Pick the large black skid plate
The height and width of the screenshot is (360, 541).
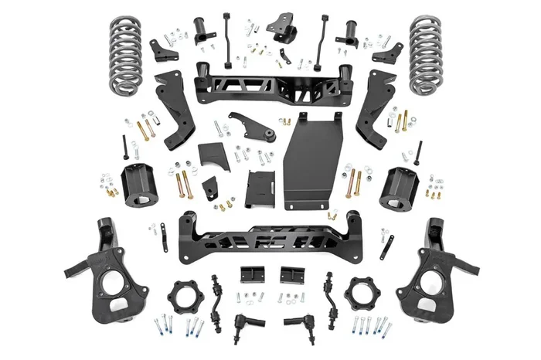click(x=312, y=162)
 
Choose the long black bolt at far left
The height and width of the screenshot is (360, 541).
click(x=124, y=147)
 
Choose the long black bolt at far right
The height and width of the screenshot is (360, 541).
click(x=418, y=152)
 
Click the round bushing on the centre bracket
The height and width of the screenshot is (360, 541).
click(x=270, y=135)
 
